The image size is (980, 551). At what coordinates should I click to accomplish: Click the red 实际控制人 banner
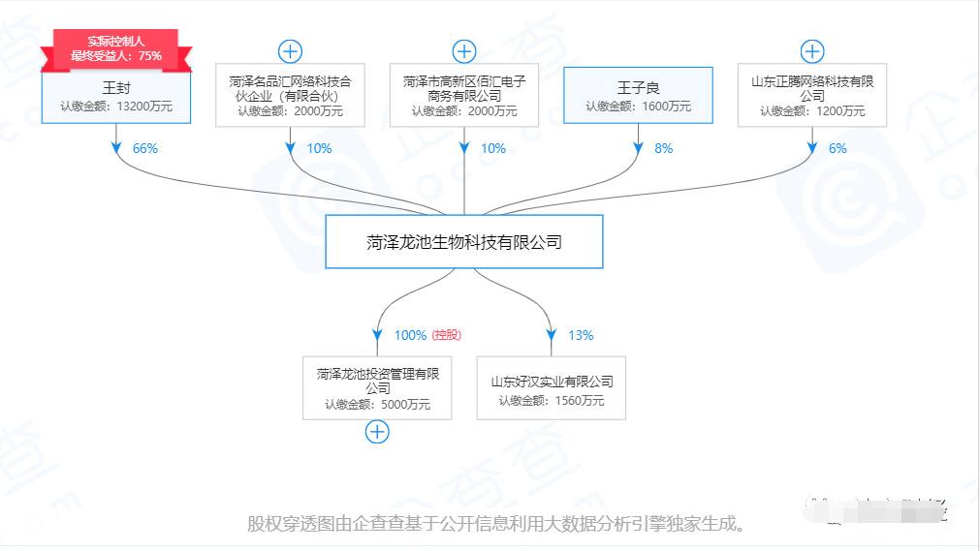(x=116, y=48)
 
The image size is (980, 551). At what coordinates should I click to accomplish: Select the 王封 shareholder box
(x=116, y=97)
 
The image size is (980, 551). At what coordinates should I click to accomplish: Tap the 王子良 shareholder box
(x=638, y=95)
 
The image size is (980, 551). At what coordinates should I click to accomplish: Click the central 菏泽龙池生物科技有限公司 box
(x=464, y=242)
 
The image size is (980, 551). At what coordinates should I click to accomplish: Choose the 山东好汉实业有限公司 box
(x=552, y=389)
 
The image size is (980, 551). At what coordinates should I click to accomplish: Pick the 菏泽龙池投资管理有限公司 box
(x=377, y=389)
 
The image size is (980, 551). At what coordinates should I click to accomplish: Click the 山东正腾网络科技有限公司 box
(x=812, y=96)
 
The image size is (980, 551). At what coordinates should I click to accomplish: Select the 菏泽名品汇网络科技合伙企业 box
(x=290, y=96)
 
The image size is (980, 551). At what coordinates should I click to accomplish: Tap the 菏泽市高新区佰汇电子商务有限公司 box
(x=464, y=96)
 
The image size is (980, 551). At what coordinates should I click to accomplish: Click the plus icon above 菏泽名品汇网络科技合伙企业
(x=290, y=51)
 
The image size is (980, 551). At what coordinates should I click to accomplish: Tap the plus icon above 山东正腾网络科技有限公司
(x=812, y=51)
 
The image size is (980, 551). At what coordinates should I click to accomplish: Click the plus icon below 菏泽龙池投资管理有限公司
(x=377, y=432)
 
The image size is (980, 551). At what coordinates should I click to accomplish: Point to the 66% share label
(x=145, y=149)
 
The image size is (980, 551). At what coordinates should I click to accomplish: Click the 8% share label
(x=663, y=149)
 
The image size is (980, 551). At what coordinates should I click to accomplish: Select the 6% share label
(x=838, y=149)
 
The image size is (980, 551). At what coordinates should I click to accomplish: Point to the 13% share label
(x=581, y=336)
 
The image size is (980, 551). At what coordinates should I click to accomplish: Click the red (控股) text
(x=447, y=336)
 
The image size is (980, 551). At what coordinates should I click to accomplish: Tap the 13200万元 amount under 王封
(x=143, y=107)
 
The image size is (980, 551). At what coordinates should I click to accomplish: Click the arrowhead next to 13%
(x=552, y=338)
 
